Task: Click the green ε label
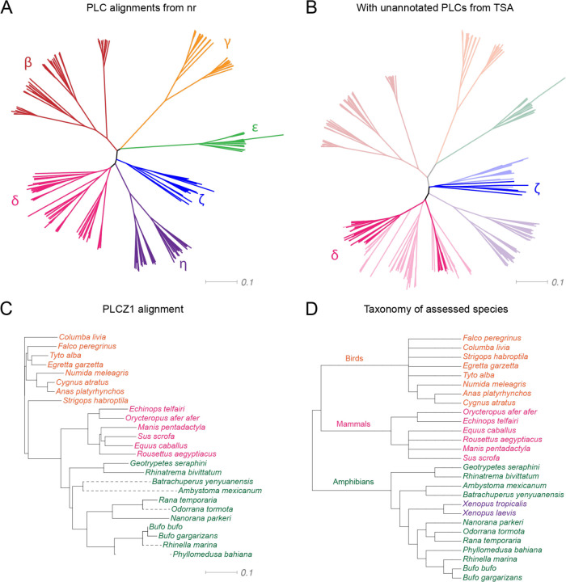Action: pyautogui.click(x=255, y=127)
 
